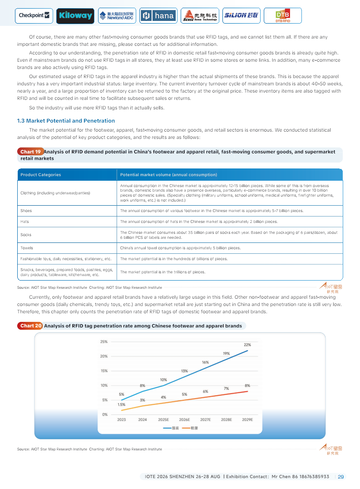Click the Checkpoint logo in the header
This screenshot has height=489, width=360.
tap(35, 15)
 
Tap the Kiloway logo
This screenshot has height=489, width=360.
tap(75, 16)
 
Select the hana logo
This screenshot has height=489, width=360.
tap(158, 16)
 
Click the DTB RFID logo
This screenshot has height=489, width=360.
tap(282, 16)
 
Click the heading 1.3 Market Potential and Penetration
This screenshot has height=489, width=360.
tap(66, 121)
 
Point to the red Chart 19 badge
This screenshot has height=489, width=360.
tap(30, 152)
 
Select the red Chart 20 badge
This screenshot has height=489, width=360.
tap(30, 326)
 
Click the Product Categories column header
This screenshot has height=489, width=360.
tap(41, 175)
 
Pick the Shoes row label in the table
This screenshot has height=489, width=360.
tap(26, 211)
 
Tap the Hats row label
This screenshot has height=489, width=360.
tap(25, 222)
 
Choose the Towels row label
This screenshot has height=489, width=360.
tap(27, 248)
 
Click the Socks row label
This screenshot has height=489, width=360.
tap(26, 235)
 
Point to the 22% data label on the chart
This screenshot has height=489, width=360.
tap(247, 345)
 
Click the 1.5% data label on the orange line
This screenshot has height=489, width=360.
tap(122, 405)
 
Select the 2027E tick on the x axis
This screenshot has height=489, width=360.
tap(205, 420)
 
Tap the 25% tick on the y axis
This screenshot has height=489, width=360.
tap(104, 341)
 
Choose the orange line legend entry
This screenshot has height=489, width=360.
tap(190, 428)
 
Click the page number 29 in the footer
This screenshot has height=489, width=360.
tap(341, 477)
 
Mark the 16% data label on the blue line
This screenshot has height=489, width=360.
tap(205, 362)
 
